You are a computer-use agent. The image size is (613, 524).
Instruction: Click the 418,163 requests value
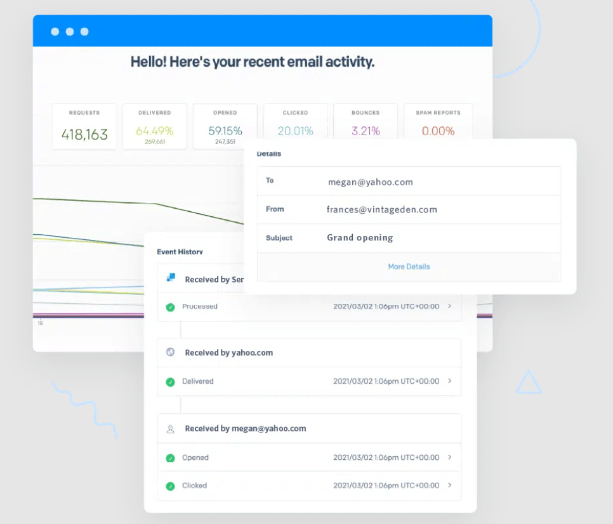click(x=84, y=134)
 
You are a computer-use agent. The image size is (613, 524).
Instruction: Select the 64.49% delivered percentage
click(x=154, y=131)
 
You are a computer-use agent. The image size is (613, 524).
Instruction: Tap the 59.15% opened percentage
click(x=225, y=131)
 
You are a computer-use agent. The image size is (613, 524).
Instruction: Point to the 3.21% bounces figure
click(x=366, y=131)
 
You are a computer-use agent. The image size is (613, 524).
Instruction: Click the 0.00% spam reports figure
click(x=438, y=131)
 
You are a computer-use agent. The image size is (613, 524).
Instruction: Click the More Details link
click(x=409, y=266)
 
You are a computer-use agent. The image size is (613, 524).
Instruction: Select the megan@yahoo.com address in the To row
click(x=370, y=182)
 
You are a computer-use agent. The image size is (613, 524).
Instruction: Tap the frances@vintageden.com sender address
click(x=381, y=209)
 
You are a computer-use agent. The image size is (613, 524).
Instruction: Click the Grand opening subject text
click(x=360, y=238)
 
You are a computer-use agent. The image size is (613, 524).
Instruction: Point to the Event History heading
click(x=180, y=252)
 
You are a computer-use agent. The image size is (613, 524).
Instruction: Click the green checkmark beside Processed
click(x=170, y=307)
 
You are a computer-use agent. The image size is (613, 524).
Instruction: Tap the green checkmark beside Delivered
click(x=170, y=382)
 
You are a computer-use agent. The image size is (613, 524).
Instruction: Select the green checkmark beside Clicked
click(x=170, y=486)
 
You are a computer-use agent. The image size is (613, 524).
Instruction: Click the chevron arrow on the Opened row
click(x=450, y=457)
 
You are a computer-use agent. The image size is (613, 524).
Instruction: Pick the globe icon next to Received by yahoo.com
click(x=170, y=352)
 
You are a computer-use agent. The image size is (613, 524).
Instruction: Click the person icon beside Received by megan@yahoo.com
click(x=170, y=429)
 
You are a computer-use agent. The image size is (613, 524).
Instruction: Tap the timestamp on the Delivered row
click(x=386, y=381)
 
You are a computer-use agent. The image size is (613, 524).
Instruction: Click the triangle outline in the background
click(x=528, y=383)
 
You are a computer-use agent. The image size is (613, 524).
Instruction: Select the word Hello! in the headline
click(x=150, y=62)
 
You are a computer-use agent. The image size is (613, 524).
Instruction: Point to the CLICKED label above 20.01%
click(x=295, y=113)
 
